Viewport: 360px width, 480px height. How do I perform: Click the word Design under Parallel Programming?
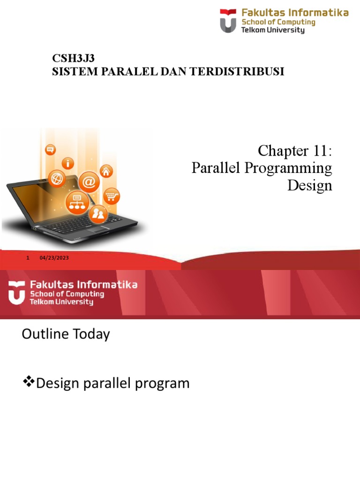tap(309, 185)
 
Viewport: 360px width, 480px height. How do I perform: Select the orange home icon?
tap(106, 171)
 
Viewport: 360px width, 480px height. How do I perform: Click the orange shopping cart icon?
tap(111, 196)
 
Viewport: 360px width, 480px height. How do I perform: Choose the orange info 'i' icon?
tap(69, 163)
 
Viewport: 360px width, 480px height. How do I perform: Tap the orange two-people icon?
tap(98, 214)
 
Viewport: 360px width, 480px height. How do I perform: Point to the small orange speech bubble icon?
tap(50, 150)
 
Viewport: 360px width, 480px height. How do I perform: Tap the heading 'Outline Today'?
tap(66, 334)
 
